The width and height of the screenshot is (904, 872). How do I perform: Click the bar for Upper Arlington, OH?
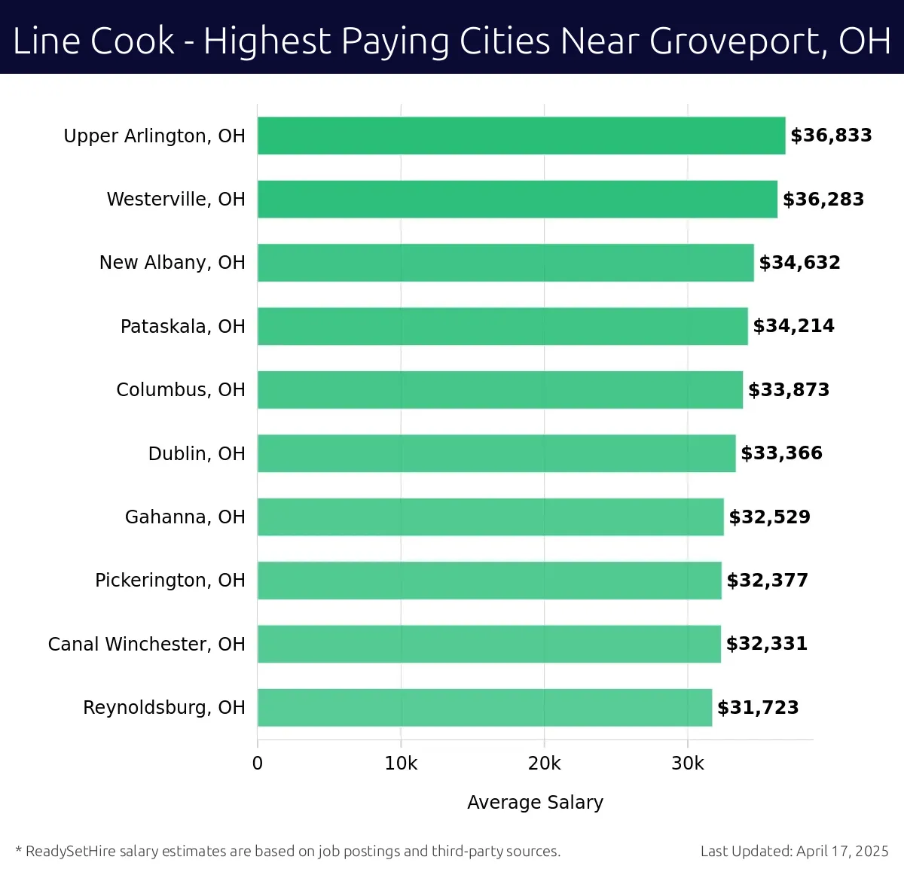(x=521, y=136)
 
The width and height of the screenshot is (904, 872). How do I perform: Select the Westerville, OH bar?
(x=518, y=199)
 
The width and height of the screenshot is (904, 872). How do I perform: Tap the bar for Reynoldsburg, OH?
(x=484, y=707)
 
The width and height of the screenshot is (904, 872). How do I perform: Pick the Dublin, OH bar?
(x=496, y=453)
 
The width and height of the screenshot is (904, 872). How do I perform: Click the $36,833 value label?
(x=831, y=136)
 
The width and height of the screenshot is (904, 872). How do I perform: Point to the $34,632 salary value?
(x=799, y=263)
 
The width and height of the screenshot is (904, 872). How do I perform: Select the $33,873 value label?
(x=789, y=390)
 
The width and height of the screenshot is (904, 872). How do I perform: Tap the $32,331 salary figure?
(x=766, y=644)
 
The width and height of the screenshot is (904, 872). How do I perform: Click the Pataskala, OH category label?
(x=183, y=327)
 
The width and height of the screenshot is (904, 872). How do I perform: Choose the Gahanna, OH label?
(x=185, y=517)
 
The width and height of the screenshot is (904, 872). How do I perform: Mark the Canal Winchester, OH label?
(x=147, y=645)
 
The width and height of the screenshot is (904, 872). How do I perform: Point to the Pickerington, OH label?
(x=170, y=581)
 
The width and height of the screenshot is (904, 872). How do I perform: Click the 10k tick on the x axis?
(x=401, y=764)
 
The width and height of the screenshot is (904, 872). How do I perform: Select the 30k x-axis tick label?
(x=688, y=764)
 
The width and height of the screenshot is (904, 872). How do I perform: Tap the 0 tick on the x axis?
(x=258, y=764)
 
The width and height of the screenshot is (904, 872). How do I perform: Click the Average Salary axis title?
(x=535, y=803)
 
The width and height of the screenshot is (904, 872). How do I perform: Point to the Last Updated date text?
(x=794, y=851)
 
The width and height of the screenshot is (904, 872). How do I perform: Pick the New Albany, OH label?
(x=173, y=263)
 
